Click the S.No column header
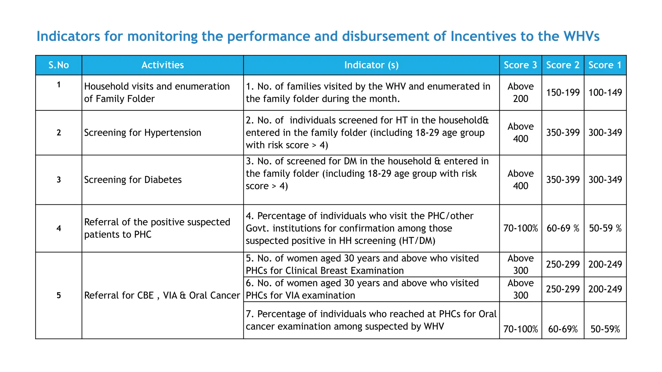point(59,65)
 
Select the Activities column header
point(163,65)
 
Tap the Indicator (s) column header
point(371,65)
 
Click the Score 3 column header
point(520,65)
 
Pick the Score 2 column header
point(563,65)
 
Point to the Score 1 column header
point(605,65)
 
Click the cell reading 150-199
point(563,93)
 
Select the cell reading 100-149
point(605,93)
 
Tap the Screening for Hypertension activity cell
point(143,133)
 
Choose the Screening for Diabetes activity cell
point(133,180)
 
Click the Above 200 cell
point(520,93)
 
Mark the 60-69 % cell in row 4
point(563,229)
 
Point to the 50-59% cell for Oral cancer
point(605,329)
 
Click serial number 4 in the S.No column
point(59,229)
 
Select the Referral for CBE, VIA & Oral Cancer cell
point(162,295)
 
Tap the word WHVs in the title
point(582,36)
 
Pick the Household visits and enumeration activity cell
point(157,93)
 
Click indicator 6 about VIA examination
point(362,289)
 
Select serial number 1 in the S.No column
point(59,85)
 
